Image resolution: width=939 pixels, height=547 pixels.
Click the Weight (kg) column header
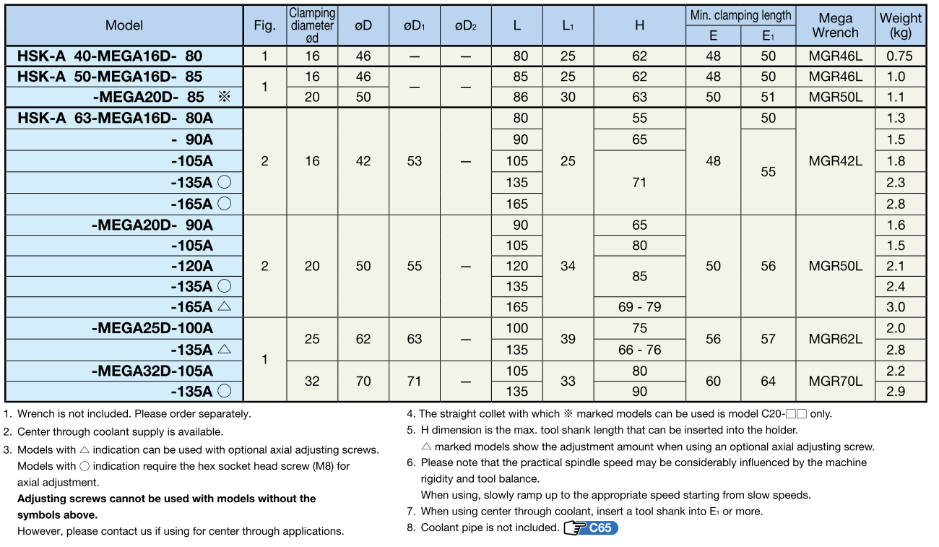pos(900,25)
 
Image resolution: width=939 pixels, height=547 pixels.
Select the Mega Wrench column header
pos(835,25)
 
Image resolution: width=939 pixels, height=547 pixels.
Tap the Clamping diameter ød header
pos(312,25)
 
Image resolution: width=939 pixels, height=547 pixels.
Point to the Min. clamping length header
pos(740,15)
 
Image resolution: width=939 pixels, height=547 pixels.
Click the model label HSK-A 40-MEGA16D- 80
pos(110,56)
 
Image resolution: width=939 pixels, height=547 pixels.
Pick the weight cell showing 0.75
pos(900,56)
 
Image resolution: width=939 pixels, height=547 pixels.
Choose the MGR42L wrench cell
pos(835,161)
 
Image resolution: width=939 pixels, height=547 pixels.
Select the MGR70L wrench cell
pos(835,381)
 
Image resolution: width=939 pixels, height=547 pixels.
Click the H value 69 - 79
pos(639,307)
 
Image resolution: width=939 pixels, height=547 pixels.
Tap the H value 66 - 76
pos(639,350)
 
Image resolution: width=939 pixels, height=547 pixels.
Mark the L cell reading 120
pos(516,266)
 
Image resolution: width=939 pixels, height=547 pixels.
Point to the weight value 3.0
pos(896,307)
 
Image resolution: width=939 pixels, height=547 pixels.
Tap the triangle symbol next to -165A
pos(224,306)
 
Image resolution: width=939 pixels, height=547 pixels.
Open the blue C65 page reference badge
pos(600,527)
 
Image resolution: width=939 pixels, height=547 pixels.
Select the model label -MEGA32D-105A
pos(152,371)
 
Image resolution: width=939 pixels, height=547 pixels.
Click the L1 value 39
pos(568,339)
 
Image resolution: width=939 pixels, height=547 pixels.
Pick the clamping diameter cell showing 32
pos(312,381)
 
